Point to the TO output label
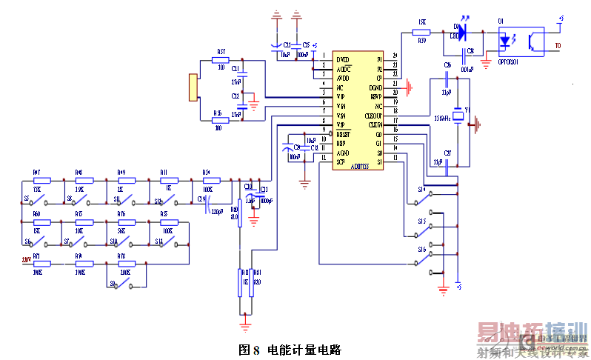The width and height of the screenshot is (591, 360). tap(559, 47)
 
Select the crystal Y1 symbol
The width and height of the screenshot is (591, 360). tap(458, 115)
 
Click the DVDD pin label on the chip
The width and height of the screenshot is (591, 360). tap(342, 59)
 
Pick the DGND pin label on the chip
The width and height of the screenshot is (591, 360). tap(375, 87)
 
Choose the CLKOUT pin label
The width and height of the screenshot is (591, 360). tap(375, 115)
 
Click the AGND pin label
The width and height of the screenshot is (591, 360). tap(342, 152)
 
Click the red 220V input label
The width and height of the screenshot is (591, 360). tap(28, 261)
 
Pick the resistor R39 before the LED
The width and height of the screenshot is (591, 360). tap(421, 32)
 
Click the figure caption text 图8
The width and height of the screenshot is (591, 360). tap(249, 348)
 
